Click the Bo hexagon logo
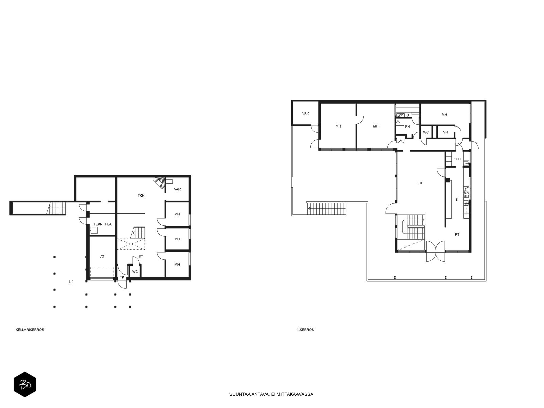tap(25, 385)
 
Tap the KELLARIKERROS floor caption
tap(30, 330)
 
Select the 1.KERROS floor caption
tap(305, 330)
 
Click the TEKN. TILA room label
tap(102, 224)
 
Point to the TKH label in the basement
tap(141, 196)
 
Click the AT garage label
tap(102, 257)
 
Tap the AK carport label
tap(71, 282)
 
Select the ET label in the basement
tap(141, 257)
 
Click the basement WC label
tap(135, 272)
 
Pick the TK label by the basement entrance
tap(122, 277)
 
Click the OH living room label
tap(421, 183)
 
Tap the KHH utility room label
tap(457, 159)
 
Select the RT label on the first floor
tap(457, 235)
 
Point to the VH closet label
tap(445, 132)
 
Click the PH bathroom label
tap(407, 126)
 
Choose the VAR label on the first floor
tap(306, 113)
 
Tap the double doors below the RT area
tap(436, 252)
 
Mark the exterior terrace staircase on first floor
tap(326, 208)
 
